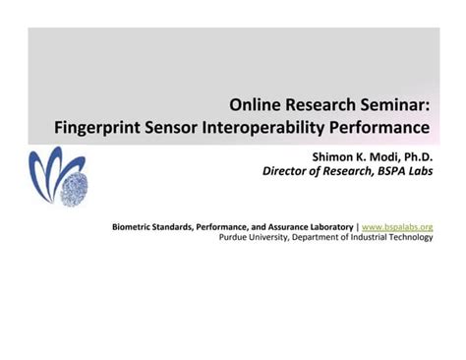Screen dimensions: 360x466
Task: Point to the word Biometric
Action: pyautogui.click(x=135, y=225)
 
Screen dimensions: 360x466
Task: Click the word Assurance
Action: pyautogui.click(x=278, y=225)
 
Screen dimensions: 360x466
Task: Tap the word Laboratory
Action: pyautogui.click(x=328, y=225)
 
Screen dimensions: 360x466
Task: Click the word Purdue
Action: pyautogui.click(x=233, y=237)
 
